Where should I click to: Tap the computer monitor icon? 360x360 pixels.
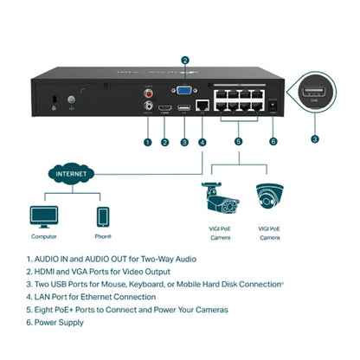pos(44,215)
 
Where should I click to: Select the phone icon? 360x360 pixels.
pos(102,215)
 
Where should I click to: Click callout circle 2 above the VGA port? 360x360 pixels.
pos(185,61)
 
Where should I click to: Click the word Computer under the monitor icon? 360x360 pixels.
pos(44,236)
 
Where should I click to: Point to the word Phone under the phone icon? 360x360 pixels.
pos(102,236)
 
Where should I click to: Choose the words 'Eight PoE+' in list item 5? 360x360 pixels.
pos(60,309)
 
